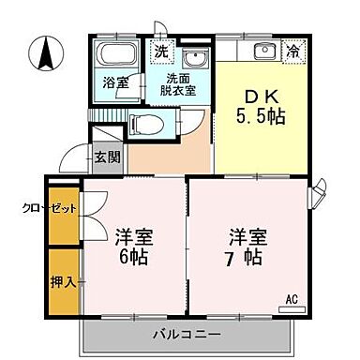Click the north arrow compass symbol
(44, 54)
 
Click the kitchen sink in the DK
(263, 50)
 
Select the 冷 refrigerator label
(293, 51)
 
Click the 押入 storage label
(36, 278)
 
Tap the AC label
(292, 301)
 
